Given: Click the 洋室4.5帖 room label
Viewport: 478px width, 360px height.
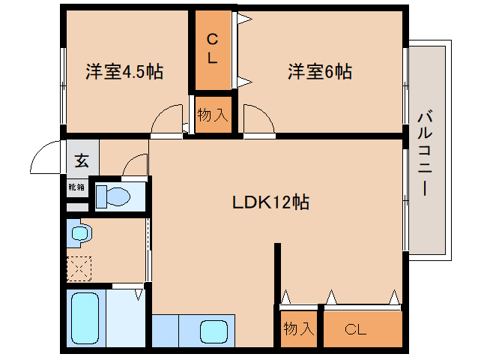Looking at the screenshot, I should tap(124, 72).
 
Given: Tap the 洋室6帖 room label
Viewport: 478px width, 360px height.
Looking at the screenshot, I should tap(320, 72).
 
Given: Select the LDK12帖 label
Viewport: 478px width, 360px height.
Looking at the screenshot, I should tap(270, 202).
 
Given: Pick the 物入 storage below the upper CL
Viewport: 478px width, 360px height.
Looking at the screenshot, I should tap(212, 115).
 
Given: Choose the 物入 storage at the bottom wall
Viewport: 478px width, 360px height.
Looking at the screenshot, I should tap(299, 328).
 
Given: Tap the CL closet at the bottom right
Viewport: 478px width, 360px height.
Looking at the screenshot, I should tap(356, 328).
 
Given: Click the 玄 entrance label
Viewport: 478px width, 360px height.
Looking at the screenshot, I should tap(80, 160).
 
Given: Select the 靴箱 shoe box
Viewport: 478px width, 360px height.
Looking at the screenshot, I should tap(76, 187).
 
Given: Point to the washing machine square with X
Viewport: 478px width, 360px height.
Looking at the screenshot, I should tap(79, 267).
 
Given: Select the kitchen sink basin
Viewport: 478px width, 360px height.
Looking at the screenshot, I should tap(214, 330).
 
